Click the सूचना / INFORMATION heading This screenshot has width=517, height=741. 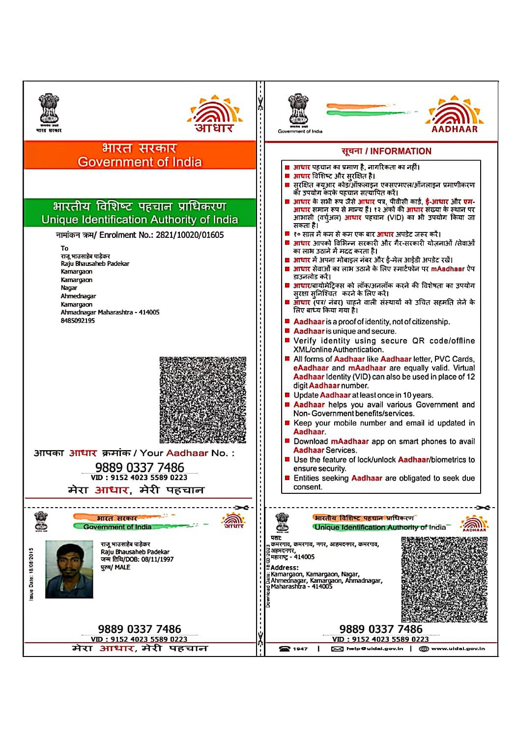(386, 151)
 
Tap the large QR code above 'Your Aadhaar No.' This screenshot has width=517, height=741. (202, 400)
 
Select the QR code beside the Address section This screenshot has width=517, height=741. (444, 579)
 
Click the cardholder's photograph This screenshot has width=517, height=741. (69, 570)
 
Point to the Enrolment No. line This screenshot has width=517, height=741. (140, 235)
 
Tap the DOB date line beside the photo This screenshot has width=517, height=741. (137, 559)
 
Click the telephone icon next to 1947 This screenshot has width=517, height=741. (284, 649)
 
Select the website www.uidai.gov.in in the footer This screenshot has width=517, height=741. (458, 649)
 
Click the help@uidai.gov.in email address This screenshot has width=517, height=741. (374, 649)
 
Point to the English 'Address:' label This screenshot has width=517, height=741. (285, 568)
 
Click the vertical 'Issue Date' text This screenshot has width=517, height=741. (31, 574)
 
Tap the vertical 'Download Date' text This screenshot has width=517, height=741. (268, 576)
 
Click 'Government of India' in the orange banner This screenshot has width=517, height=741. (140, 162)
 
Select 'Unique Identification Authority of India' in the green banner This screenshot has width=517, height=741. (140, 220)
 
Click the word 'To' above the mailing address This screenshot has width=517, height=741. (64, 248)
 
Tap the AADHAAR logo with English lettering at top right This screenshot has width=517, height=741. (455, 115)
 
